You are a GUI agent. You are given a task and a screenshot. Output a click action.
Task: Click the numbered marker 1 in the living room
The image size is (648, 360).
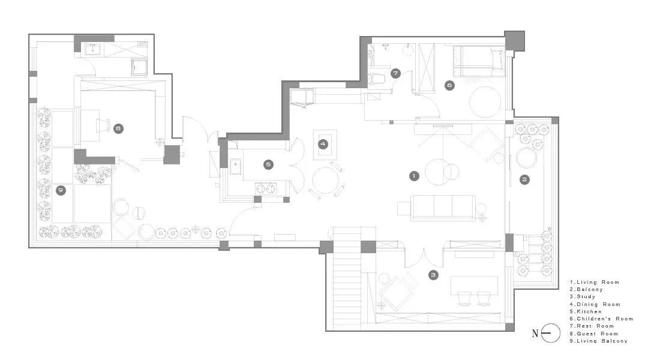pyautogui.click(x=413, y=176)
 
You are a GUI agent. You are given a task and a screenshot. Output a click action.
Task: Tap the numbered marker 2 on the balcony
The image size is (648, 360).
pyautogui.click(x=524, y=179)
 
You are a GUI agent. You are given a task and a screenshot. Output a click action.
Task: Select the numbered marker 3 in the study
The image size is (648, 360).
pyautogui.click(x=433, y=275)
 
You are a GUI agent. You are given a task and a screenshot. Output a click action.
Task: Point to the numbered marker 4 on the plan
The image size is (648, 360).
pyautogui.click(x=323, y=144)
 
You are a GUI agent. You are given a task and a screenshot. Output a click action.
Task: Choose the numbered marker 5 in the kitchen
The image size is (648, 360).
pyautogui.click(x=269, y=164)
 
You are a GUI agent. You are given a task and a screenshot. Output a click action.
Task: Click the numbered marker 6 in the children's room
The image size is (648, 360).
pyautogui.click(x=449, y=86)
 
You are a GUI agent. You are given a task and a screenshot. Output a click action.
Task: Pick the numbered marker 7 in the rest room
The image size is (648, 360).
pyautogui.click(x=395, y=74)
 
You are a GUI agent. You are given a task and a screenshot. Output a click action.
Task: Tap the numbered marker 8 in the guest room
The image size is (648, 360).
pyautogui.click(x=118, y=128)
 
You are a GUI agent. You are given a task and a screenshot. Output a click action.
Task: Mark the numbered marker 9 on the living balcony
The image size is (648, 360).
pyautogui.click(x=61, y=191)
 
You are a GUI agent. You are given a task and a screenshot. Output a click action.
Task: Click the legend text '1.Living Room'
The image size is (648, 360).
pyautogui.click(x=594, y=282)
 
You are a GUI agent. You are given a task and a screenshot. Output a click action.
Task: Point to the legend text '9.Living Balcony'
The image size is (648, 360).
pyautogui.click(x=598, y=341)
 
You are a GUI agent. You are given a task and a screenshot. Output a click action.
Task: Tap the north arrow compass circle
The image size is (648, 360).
pyautogui.click(x=550, y=333)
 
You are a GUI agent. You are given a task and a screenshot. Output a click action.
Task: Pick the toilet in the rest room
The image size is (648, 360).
pyautogui.click(x=377, y=78)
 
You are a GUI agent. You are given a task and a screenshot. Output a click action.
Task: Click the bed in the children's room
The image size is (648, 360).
pyautogui.click(x=479, y=61)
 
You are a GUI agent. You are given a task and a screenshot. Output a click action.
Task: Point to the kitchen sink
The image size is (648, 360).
pyautogui.click(x=236, y=166)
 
